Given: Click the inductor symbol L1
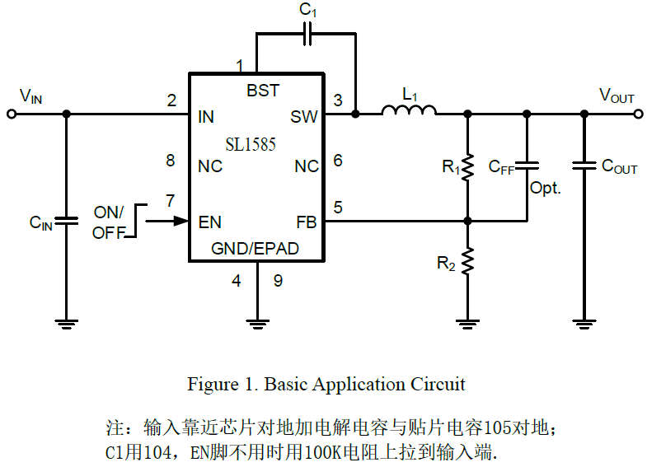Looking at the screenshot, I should (410, 111).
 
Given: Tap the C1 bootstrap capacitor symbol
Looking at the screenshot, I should (307, 34).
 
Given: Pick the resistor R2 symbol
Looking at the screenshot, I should (467, 262).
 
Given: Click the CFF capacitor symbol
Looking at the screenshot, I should (526, 166).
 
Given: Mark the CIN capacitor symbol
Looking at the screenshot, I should (67, 221).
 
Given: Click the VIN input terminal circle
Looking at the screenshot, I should (12, 114).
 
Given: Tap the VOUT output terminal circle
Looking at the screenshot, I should (638, 114).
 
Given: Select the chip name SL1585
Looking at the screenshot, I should (251, 145).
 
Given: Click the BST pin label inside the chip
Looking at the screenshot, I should (263, 91).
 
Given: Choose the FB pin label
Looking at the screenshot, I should (307, 222).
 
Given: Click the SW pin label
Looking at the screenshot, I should (303, 117).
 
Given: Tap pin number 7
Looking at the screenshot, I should (171, 200).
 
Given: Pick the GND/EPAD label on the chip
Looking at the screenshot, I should (255, 248).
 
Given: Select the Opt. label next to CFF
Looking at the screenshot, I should (545, 189).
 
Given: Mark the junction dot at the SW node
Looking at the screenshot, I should (355, 114).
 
